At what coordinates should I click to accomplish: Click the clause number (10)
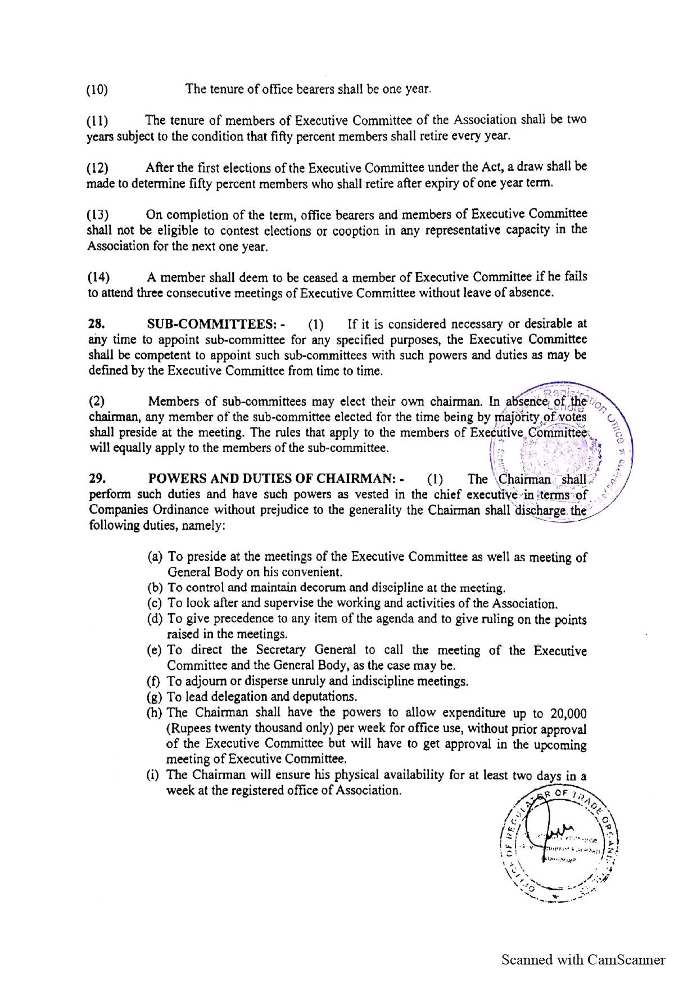[x=97, y=90]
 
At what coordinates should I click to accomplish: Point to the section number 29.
[x=96, y=479]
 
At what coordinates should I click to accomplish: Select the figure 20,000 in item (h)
[x=569, y=714]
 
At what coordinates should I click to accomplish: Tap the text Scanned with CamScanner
[x=583, y=959]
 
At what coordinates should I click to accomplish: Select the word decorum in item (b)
[x=326, y=589]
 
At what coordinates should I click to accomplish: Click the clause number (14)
[x=98, y=278]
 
